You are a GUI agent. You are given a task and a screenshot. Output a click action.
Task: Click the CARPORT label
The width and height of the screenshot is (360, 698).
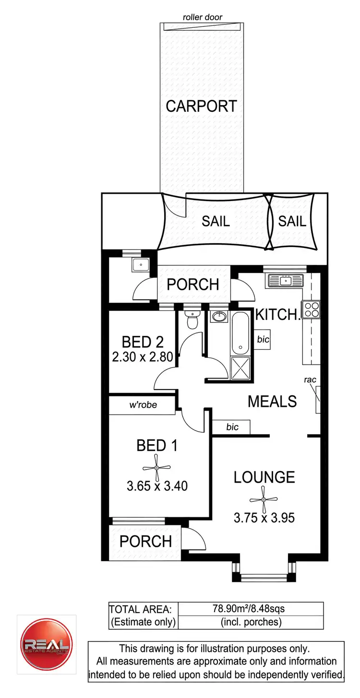[x=202, y=106]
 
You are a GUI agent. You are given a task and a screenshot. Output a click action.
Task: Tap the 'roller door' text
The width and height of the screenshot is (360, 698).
[x=203, y=18]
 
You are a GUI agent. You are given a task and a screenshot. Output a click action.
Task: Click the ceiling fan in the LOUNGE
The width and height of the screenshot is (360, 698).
[x=264, y=499]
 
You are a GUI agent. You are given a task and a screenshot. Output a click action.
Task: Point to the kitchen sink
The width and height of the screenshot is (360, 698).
[x=285, y=280]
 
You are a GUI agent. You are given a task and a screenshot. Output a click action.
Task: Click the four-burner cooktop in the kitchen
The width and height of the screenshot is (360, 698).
[x=311, y=308]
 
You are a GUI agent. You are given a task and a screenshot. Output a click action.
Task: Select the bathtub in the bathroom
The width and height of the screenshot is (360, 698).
[x=240, y=333]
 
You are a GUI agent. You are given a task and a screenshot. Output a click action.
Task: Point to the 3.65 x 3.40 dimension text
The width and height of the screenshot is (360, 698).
[x=157, y=486]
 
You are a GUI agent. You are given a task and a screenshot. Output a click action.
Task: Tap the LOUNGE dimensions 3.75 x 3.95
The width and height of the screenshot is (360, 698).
[x=264, y=518]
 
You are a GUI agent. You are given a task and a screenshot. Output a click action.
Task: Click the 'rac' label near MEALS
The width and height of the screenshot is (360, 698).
[x=311, y=380]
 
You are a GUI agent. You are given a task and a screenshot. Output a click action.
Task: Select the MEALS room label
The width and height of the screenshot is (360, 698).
[x=272, y=401]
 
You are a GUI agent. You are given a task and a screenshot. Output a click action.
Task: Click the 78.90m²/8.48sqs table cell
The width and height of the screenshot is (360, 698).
[x=249, y=609]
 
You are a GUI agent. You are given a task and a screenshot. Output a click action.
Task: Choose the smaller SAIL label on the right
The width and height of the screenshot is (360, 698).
[x=292, y=221]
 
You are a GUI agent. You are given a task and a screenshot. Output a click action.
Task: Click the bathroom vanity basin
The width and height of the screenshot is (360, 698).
[x=220, y=317]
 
